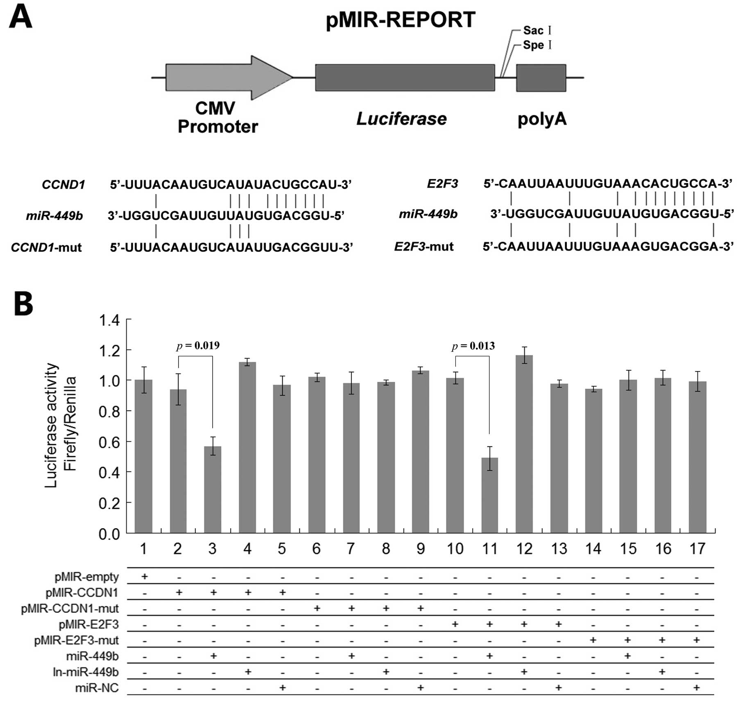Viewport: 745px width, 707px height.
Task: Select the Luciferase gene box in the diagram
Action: (405, 77)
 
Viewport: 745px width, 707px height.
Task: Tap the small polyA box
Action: (541, 77)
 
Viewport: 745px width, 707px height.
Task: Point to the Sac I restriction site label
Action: (537, 31)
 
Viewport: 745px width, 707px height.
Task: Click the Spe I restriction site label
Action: (537, 45)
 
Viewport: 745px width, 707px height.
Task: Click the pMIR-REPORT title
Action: (400, 20)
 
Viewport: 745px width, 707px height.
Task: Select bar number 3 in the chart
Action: (213, 489)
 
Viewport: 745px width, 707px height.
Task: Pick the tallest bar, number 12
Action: (524, 444)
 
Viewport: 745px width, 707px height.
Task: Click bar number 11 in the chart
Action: (489, 495)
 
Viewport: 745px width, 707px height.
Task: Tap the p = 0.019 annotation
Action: (198, 346)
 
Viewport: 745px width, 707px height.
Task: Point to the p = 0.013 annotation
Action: (473, 346)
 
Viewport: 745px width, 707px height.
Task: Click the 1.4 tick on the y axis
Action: (109, 320)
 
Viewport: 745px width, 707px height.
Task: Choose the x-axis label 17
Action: (697, 548)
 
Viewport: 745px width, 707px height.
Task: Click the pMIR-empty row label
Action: (86, 577)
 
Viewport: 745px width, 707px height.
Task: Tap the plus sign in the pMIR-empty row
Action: (144, 577)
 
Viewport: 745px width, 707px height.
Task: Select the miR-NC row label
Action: (97, 688)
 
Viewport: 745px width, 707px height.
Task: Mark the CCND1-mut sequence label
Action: (46, 247)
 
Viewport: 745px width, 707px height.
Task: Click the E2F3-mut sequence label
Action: (424, 247)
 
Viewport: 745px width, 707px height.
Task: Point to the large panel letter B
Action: (23, 304)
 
